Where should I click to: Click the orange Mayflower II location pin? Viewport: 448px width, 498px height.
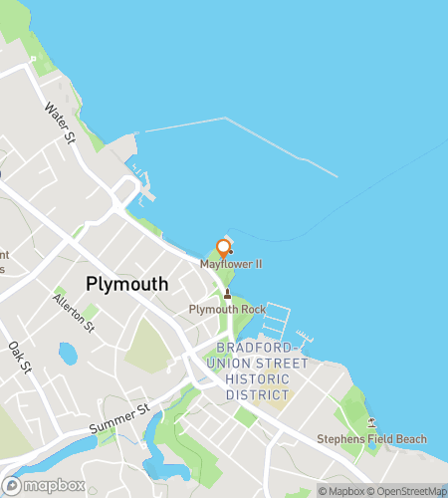click(224, 248)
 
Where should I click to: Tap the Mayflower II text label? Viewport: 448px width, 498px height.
click(231, 265)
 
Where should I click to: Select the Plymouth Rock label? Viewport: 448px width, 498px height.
click(227, 310)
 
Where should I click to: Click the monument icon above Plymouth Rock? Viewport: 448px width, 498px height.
click(227, 294)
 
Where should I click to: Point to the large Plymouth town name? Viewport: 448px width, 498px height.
click(127, 284)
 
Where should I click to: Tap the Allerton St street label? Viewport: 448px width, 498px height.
click(75, 313)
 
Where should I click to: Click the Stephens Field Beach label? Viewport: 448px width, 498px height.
click(371, 439)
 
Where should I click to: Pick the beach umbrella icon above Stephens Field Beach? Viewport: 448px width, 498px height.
click(371, 423)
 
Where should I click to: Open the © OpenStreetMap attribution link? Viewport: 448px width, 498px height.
click(408, 490)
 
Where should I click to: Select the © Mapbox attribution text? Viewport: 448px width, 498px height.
click(341, 490)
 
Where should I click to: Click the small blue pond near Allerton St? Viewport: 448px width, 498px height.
click(68, 353)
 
